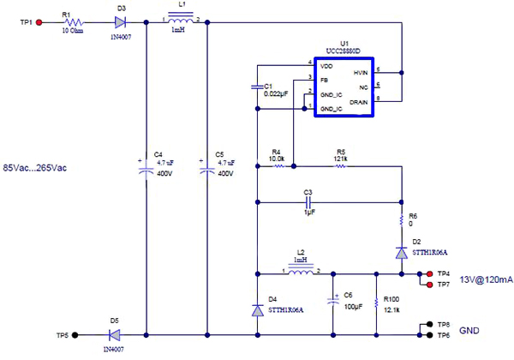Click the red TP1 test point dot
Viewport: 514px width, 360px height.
tap(39, 22)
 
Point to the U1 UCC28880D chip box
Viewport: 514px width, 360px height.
tap(345, 85)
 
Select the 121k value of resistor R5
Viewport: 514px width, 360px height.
tap(341, 158)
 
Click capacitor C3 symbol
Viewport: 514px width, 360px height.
tap(309, 203)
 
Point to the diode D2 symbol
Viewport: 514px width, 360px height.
tap(401, 253)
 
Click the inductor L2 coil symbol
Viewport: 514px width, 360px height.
tap(300, 273)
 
